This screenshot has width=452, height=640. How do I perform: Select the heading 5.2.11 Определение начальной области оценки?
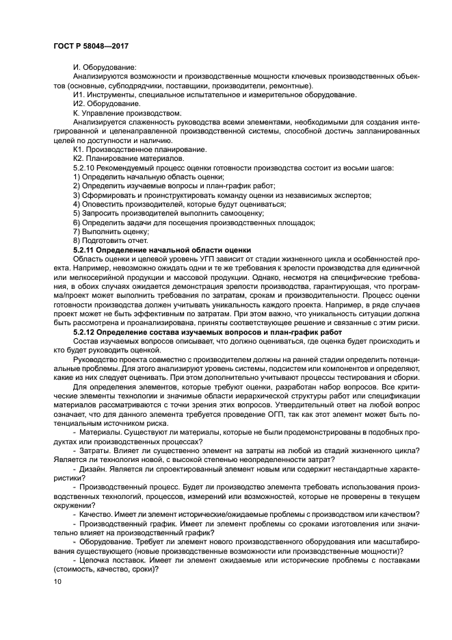pos(162,250)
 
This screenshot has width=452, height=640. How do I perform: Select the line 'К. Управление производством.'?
pos(127,112)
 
